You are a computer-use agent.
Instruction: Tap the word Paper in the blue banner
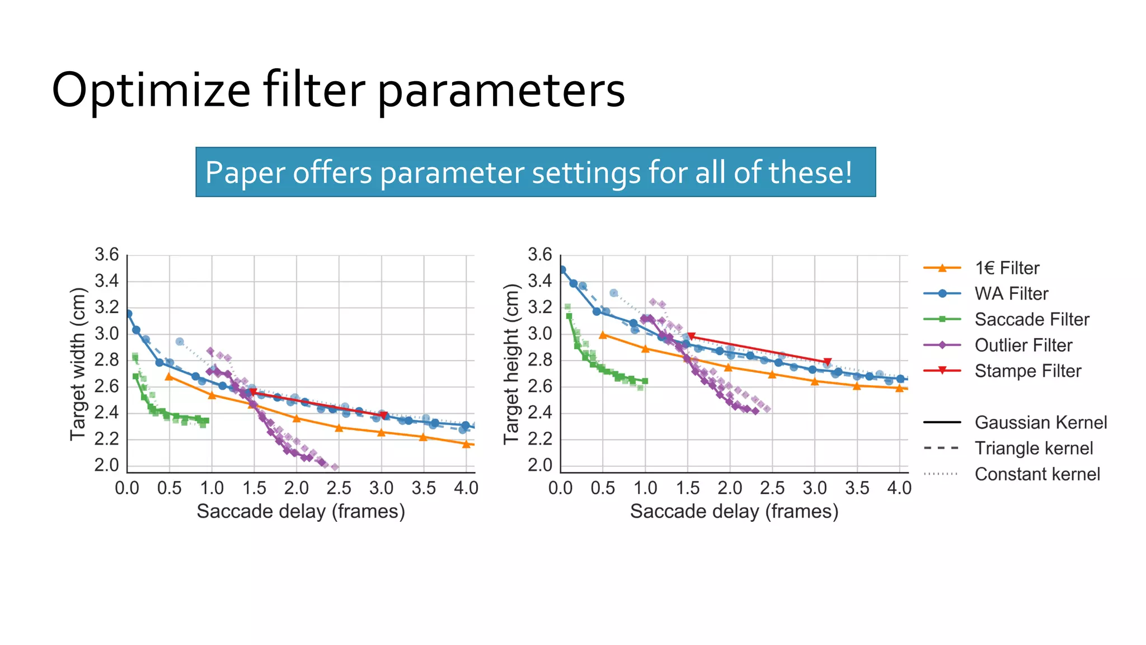pos(245,172)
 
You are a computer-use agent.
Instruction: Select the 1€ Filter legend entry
pos(1007,268)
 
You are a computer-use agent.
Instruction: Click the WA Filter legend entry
pos(1011,294)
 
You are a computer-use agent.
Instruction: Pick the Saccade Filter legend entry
pos(1032,320)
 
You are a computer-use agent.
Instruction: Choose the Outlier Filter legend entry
pos(1023,345)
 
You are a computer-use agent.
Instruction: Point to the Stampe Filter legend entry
pos(1027,371)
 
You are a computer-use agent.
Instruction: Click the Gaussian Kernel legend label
pos(1040,423)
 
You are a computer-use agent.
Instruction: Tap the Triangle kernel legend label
pos(1034,448)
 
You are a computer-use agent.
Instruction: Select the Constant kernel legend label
pos(1037,474)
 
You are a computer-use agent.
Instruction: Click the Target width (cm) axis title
pos(78,364)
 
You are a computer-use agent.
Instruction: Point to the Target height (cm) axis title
pos(511,364)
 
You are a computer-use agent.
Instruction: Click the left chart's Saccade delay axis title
pos(300,512)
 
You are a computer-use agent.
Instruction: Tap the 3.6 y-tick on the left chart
pos(106,255)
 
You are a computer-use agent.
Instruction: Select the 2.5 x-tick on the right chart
pos(772,488)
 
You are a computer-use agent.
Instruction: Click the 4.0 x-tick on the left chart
pos(466,488)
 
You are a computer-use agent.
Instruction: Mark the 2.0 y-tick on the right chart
pos(540,465)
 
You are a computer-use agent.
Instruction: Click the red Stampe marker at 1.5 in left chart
pos(253,392)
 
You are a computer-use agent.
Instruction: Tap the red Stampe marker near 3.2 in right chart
pos(828,362)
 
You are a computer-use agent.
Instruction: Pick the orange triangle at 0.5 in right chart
pos(603,335)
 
